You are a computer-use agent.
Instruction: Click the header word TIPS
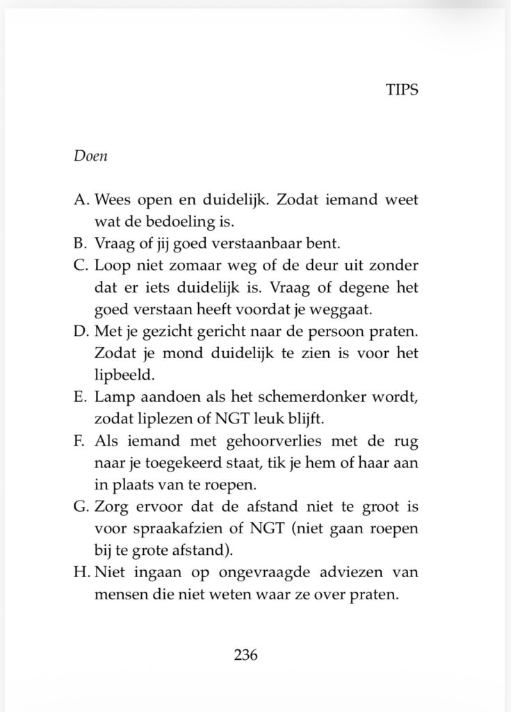(401, 91)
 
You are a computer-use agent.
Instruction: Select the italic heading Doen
(90, 156)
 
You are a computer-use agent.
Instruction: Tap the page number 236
(246, 654)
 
